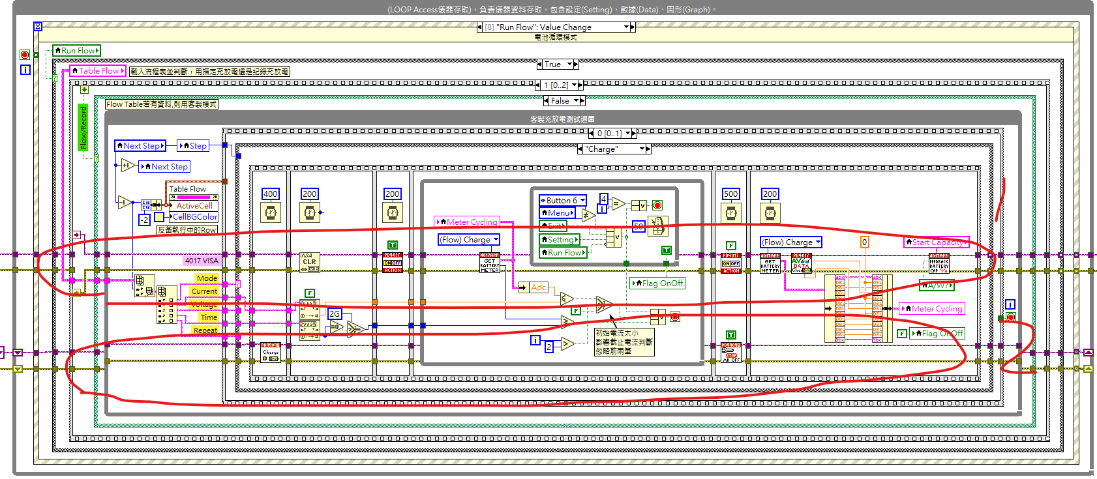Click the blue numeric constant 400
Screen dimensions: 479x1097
point(270,194)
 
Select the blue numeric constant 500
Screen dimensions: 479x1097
point(730,194)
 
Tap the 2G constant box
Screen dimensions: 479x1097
point(334,313)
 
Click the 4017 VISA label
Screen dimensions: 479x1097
point(202,261)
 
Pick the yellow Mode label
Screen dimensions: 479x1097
point(207,278)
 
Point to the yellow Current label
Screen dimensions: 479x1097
point(204,291)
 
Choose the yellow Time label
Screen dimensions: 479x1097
point(209,317)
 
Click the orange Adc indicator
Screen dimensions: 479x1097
point(538,287)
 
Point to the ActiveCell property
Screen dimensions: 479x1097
point(194,205)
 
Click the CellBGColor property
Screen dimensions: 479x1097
point(194,217)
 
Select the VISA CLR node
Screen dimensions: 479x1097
point(309,262)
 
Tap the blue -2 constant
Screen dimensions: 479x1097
point(144,220)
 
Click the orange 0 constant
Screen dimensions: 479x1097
point(864,242)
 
